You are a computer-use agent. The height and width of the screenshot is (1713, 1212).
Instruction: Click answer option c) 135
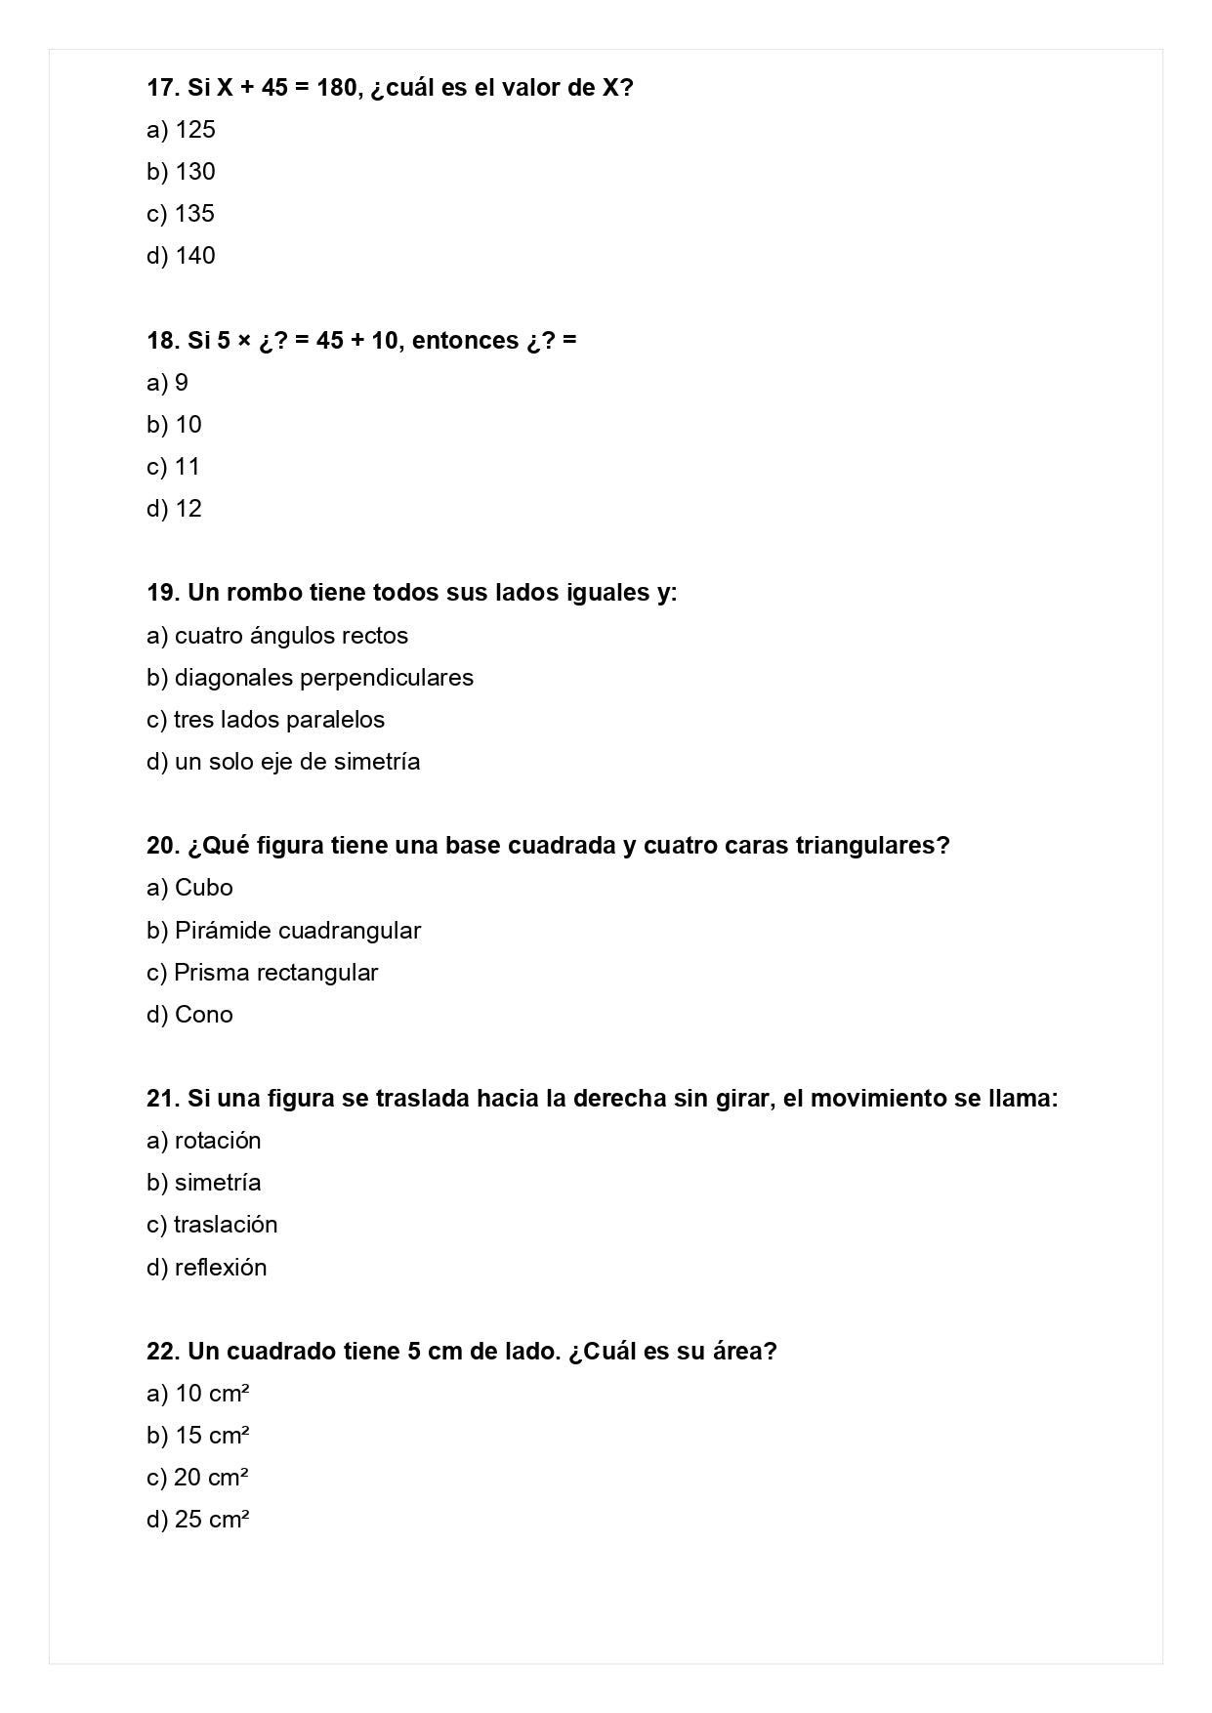[x=181, y=214]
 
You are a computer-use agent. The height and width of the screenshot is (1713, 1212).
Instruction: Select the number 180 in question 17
[x=337, y=88]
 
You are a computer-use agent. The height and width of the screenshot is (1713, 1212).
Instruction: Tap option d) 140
[x=181, y=256]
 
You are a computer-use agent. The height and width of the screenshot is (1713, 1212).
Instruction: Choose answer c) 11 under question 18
[x=173, y=467]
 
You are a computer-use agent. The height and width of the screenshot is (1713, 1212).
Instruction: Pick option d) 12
[x=174, y=509]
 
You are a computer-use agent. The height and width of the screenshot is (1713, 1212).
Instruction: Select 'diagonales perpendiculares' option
[x=310, y=678]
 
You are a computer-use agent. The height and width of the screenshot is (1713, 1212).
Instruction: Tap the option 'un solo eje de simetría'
[x=283, y=762]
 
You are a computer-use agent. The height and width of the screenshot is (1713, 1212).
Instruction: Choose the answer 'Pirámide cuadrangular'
[x=283, y=931]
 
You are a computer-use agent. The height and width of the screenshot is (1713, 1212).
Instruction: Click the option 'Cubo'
[x=189, y=888]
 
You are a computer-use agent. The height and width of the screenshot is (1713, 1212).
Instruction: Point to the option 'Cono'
[x=189, y=1015]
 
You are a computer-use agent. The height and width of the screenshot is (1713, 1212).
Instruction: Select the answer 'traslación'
[x=212, y=1225]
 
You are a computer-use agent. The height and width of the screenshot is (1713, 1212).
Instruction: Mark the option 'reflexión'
[x=206, y=1268]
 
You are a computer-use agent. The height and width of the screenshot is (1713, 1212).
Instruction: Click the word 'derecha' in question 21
[x=619, y=1099]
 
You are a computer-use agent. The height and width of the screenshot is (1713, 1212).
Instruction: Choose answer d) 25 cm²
[x=198, y=1520]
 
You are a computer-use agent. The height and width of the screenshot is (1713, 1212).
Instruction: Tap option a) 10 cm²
[x=198, y=1394]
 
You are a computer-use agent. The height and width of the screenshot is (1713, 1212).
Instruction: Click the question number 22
[x=163, y=1352]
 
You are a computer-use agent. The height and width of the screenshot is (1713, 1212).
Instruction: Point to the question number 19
[x=163, y=593]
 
